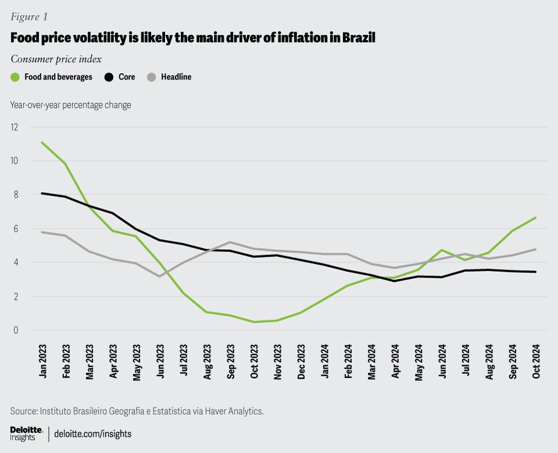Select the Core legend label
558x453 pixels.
tap(127, 77)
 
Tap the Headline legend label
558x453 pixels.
tap(176, 77)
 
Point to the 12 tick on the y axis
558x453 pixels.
tap(14, 127)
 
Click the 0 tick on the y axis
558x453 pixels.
tap(16, 330)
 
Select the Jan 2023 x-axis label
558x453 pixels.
tap(43, 362)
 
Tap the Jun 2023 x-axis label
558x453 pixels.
tap(160, 362)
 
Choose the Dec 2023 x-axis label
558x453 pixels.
tap(301, 362)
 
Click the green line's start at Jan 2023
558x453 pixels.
tap(42, 142)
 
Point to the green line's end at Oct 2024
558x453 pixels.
tap(535, 218)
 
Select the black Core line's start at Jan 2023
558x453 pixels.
tap(42, 193)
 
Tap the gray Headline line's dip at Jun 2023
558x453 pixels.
tap(160, 276)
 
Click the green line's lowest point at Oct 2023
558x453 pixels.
tap(253, 322)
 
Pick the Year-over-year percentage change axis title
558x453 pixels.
tap(70, 105)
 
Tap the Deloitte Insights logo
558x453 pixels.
tap(27, 433)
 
